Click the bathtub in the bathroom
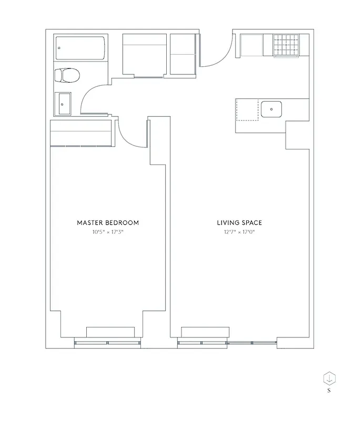click(x=80, y=48)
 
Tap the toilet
click(x=67, y=76)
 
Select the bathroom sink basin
click(x=63, y=104)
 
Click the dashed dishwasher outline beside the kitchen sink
click(x=247, y=109)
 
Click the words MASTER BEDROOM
click(x=108, y=223)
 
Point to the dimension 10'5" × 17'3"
click(x=108, y=232)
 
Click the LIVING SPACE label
click(x=239, y=223)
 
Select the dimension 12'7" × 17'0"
click(x=239, y=232)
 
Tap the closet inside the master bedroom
click(x=81, y=133)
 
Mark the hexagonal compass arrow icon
click(x=329, y=378)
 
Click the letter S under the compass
click(x=329, y=390)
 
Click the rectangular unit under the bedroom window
click(x=107, y=332)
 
